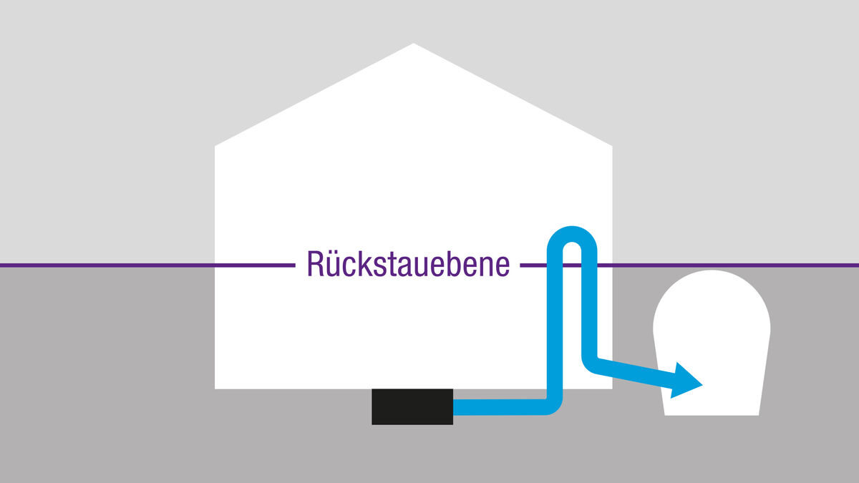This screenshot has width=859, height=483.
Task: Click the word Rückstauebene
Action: coord(409,264)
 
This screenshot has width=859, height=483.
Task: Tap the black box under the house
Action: coord(412,406)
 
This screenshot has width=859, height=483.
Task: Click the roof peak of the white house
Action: coord(414,44)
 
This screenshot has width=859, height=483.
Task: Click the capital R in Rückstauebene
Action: coord(315,264)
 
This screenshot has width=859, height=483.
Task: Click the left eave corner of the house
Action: coord(215,146)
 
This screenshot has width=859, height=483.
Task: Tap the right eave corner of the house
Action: coord(612,146)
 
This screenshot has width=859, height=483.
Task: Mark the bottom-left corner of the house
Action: coord(215,389)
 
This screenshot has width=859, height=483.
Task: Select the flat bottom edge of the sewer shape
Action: coord(712,415)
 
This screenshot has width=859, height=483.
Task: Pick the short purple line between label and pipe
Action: coord(533,265)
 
